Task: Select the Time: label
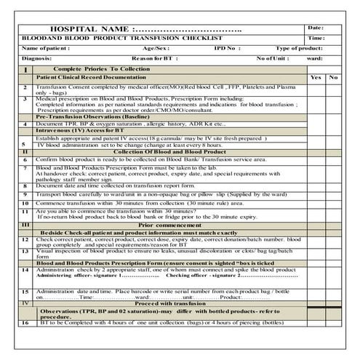coord(316,37)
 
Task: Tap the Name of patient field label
coord(48,47)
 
